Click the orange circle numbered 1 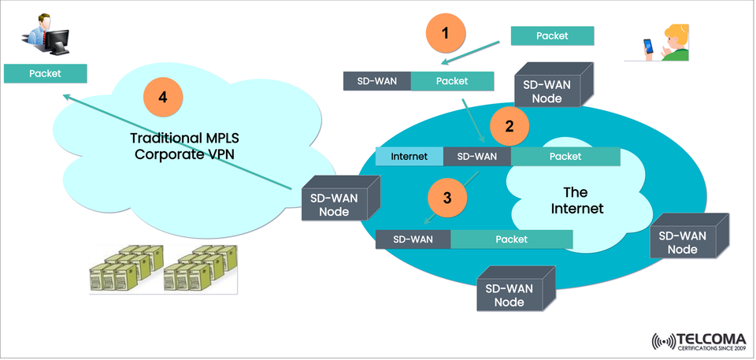447,34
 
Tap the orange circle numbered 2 510,125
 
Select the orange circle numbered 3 447,198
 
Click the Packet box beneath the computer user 45,73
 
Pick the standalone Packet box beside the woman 551,35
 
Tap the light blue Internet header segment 409,157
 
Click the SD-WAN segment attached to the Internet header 477,157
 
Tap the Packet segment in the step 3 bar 511,239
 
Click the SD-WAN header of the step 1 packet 377,81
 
